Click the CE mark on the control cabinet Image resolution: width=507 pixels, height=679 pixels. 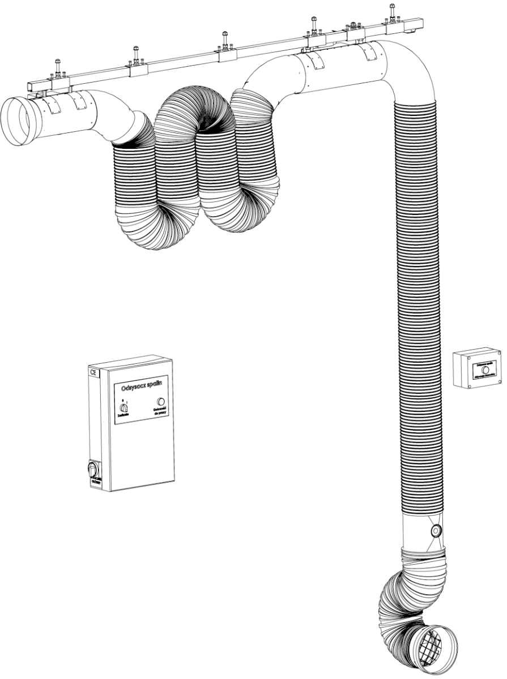point(93,372)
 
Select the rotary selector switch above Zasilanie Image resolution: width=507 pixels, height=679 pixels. point(123,407)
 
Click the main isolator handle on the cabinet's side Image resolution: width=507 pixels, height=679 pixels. point(93,469)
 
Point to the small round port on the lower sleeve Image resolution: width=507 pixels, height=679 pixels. point(436,531)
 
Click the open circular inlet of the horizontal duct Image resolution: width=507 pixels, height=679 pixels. point(19,121)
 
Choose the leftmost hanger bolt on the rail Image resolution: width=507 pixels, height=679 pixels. point(57,67)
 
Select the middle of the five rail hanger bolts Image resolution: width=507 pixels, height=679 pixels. point(225,41)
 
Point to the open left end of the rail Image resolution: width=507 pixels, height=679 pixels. point(29,86)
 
